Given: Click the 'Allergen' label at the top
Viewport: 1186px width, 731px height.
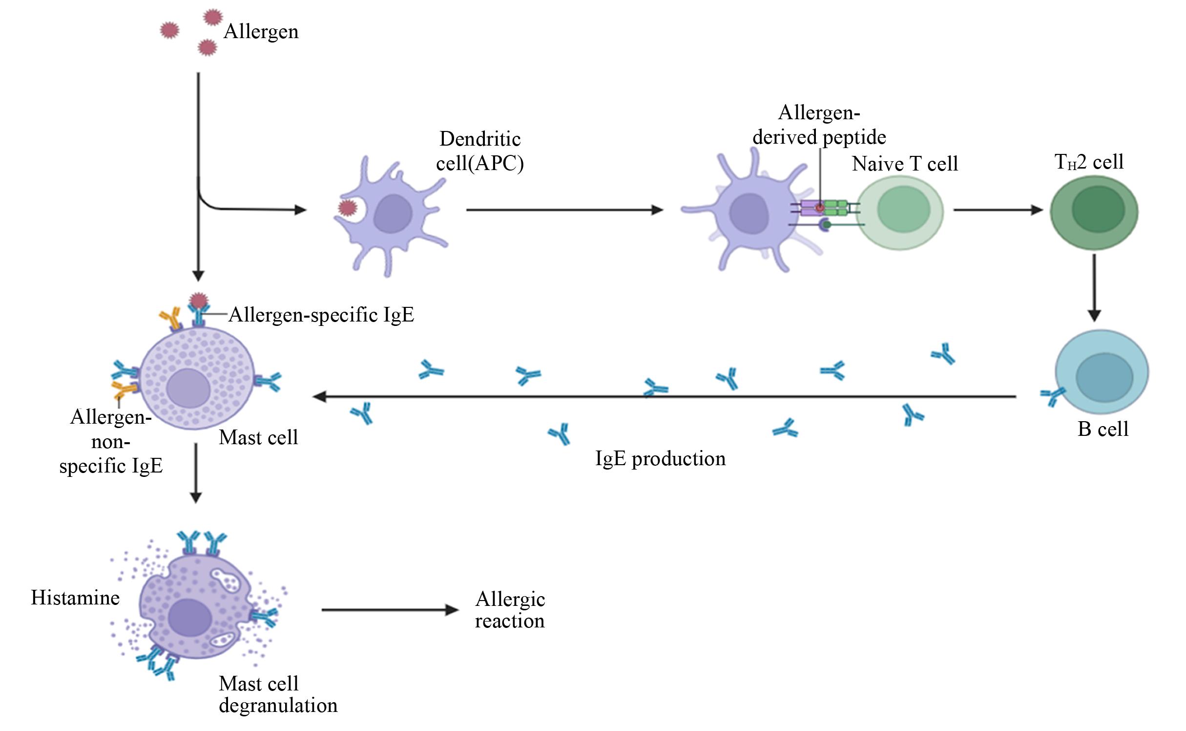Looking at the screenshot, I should point(261,32).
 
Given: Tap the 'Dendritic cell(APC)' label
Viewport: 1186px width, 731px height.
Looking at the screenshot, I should point(480,151).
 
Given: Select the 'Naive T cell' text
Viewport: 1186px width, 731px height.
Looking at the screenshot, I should point(905,164).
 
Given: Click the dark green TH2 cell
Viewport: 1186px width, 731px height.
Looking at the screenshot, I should point(1094,211).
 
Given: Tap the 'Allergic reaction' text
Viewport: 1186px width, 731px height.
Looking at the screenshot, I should point(510,610).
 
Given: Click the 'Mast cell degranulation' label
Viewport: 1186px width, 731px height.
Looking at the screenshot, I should point(278,694).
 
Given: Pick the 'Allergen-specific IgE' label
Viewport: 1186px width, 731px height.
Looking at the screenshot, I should point(321,315).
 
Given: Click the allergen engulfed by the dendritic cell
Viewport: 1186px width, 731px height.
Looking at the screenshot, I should point(347,209).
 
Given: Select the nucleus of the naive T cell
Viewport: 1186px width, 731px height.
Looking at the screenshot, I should point(903,209).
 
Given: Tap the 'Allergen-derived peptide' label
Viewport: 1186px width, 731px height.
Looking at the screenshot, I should point(819,125).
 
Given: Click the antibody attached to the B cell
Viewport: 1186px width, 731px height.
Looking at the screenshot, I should point(1052,397).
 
